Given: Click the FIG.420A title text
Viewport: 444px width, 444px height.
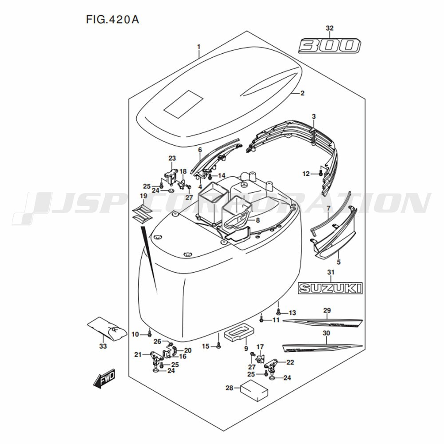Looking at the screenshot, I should click(x=109, y=20).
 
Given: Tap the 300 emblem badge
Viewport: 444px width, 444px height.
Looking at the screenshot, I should click(x=329, y=46).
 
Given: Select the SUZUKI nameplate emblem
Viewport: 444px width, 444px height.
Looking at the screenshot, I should click(x=329, y=288).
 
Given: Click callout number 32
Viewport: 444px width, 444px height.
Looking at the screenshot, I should click(x=329, y=28).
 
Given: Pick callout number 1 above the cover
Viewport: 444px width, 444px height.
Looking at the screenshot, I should click(x=199, y=47).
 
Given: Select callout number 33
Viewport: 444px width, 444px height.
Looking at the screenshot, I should click(x=103, y=346).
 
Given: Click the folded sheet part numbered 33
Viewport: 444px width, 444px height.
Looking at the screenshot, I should click(x=107, y=329).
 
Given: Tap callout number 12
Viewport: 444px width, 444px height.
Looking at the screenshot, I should click(x=305, y=174).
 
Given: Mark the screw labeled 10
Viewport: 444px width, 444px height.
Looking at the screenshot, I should click(x=150, y=333).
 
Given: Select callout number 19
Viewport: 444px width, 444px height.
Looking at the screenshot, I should click(x=143, y=196).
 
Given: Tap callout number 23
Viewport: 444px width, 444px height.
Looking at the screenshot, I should click(x=172, y=158).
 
